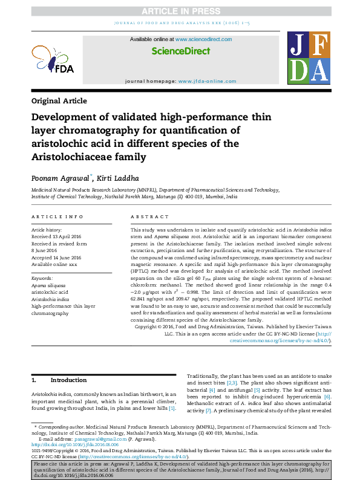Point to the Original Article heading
click(59, 101)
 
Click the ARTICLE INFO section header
click(57, 216)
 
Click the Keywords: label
click(42, 277)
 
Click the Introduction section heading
click(68, 380)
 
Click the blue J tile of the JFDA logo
click(301, 44)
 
